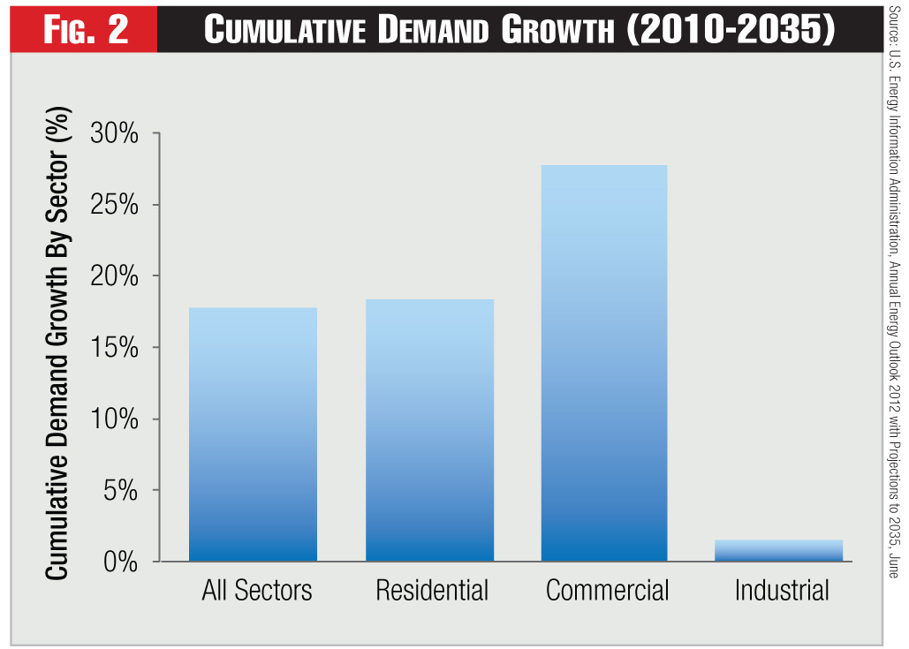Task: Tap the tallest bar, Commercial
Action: point(604,363)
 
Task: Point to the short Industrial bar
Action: point(778,551)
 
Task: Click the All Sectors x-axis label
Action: point(257,591)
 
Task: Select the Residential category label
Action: point(432,591)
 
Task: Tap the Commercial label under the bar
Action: point(608,591)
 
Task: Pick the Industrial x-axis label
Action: point(782,591)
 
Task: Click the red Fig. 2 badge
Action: point(84,29)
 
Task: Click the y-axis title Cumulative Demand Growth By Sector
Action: point(57,345)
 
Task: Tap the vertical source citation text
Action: point(892,291)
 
